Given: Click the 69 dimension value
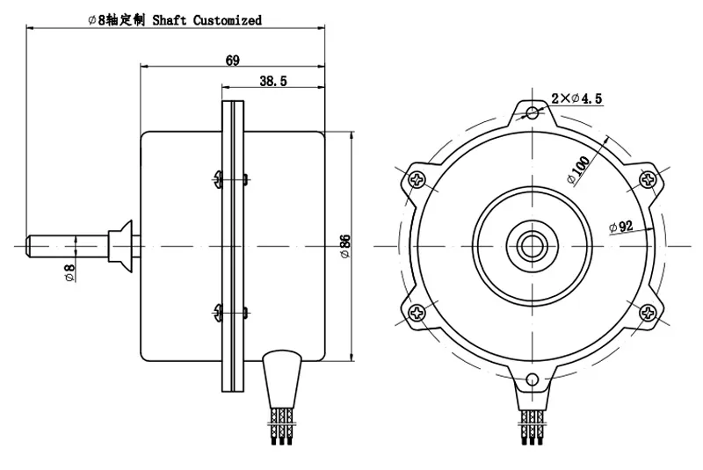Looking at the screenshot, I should [233, 61].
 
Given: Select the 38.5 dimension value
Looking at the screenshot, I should [274, 82].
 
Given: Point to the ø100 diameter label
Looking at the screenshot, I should [579, 166].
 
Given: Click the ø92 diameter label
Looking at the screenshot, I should [621, 226].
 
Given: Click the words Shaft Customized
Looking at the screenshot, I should [207, 19].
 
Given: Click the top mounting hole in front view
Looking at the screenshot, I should [531, 112].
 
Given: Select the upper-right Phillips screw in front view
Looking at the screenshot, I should [647, 179].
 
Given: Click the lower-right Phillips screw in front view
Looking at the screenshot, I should [647, 311].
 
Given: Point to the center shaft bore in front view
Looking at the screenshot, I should [531, 245].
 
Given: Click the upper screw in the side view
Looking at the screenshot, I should [218, 180].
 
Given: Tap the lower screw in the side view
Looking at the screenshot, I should [218, 309].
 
